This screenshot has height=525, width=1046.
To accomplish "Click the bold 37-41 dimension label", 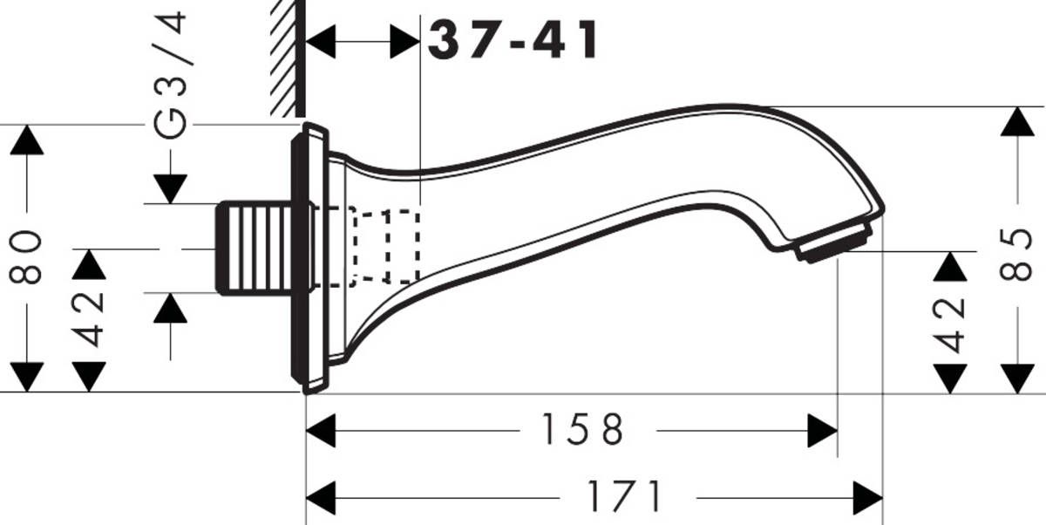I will pyautogui.click(x=514, y=40).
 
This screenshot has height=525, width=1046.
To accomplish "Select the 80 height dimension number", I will pyautogui.click(x=27, y=257).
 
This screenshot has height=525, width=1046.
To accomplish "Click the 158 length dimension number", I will pyautogui.click(x=582, y=430).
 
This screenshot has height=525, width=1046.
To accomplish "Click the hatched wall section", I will pyautogui.click(x=285, y=57).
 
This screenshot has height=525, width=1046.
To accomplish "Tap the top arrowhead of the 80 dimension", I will pyautogui.click(x=27, y=140).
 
